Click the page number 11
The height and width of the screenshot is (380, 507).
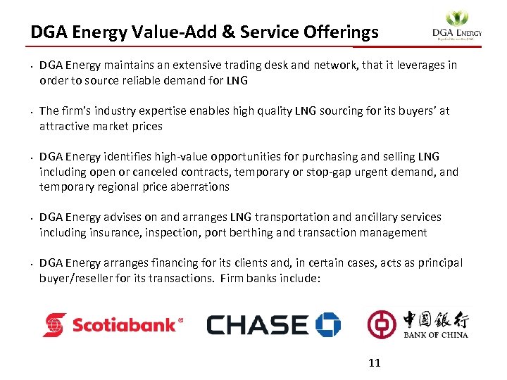tap(375, 363)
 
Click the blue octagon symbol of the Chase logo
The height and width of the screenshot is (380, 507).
tap(328, 324)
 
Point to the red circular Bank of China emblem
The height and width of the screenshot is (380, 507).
tap(382, 324)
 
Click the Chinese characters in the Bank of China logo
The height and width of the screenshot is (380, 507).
tap(435, 320)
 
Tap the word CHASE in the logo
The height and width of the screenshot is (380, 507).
tap(258, 325)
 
